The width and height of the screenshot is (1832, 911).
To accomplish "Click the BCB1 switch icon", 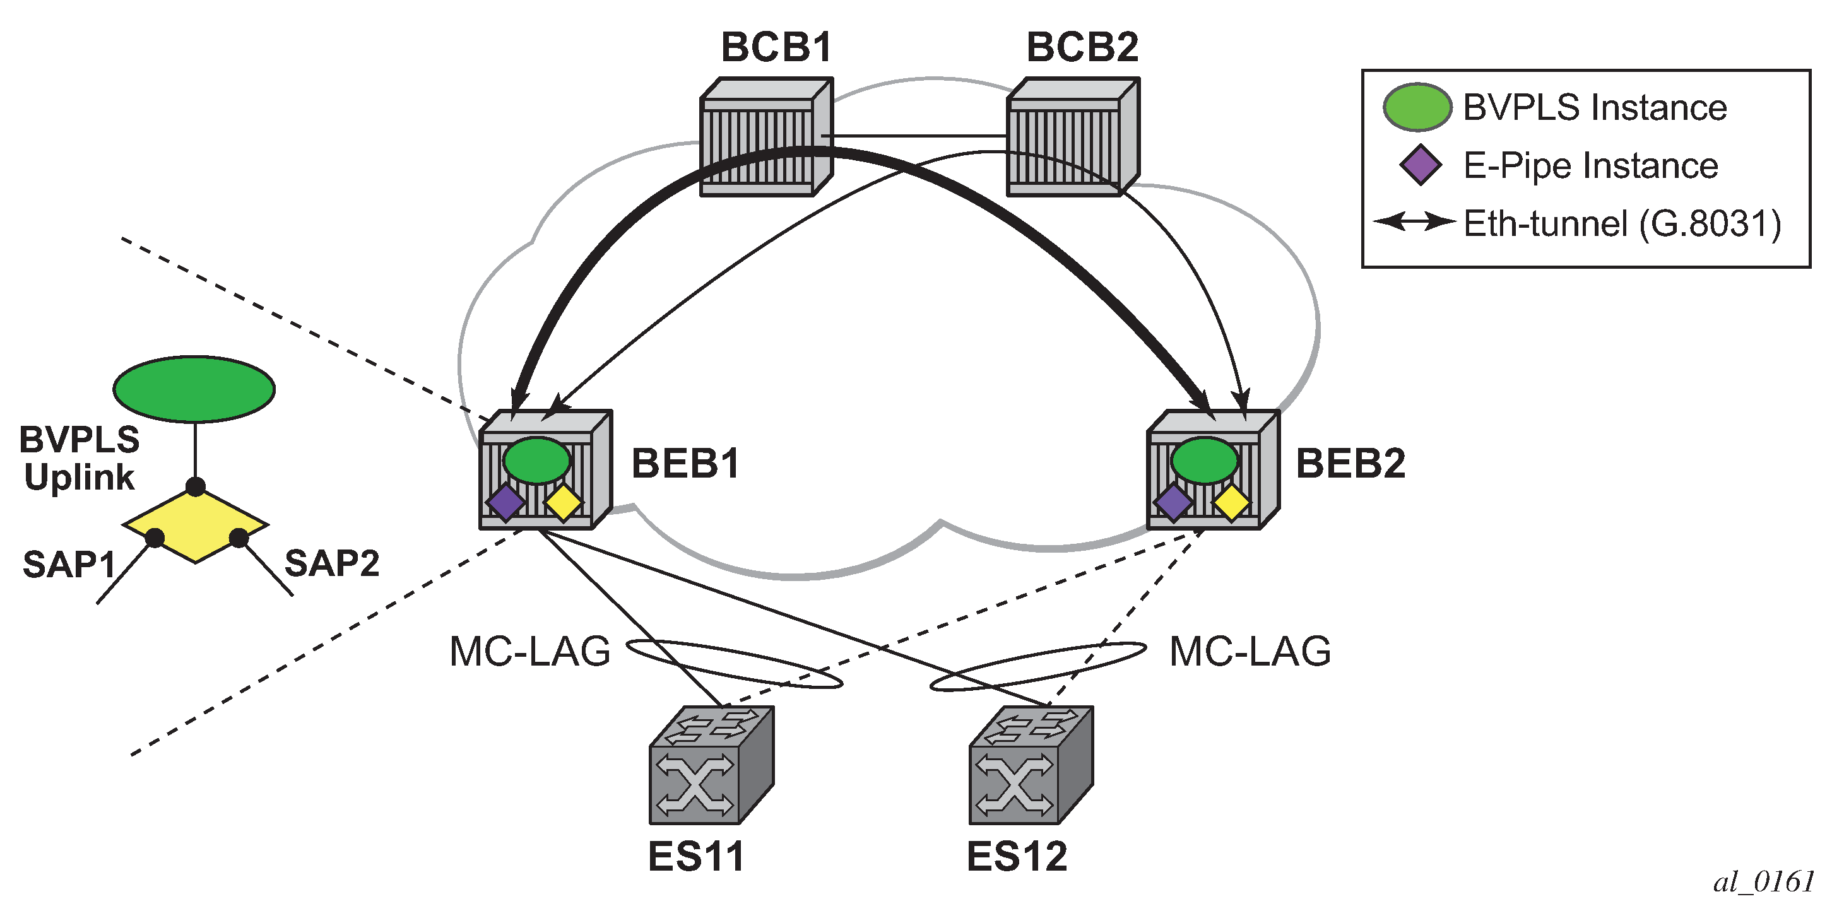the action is tap(766, 138).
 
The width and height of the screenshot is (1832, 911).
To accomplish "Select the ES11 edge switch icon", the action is tap(711, 765).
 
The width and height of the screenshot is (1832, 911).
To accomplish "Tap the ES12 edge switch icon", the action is tap(1031, 765).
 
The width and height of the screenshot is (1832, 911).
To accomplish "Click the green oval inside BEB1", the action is tap(537, 461).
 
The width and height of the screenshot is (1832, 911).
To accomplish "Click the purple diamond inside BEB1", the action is tap(505, 502).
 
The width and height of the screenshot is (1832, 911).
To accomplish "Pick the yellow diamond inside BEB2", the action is tap(1232, 502).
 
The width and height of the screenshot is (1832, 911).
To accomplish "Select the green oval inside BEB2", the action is tap(1205, 461).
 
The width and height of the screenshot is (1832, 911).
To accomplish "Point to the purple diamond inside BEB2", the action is tap(1173, 502).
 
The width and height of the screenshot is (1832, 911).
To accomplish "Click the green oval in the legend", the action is tap(1417, 107).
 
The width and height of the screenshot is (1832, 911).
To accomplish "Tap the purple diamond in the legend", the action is tap(1421, 165).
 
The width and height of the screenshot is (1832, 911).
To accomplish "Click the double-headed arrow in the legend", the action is tap(1414, 222).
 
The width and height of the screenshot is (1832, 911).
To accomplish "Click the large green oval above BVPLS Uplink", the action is tap(194, 389).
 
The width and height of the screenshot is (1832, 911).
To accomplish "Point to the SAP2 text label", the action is tap(332, 564).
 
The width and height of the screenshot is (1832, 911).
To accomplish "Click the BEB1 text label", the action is tap(685, 464).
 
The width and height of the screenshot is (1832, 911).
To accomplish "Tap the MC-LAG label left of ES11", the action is tap(531, 652).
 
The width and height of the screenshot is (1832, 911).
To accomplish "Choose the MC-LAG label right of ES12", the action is tap(1250, 652).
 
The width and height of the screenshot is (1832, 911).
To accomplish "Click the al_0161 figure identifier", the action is tap(1764, 883).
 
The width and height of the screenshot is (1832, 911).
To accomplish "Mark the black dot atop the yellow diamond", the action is tap(196, 487).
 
